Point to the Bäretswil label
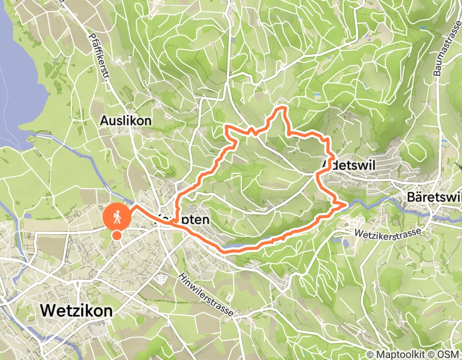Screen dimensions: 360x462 click(434, 197)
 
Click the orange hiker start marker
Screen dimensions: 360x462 click(117, 217)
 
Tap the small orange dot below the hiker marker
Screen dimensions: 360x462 click(117, 236)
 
